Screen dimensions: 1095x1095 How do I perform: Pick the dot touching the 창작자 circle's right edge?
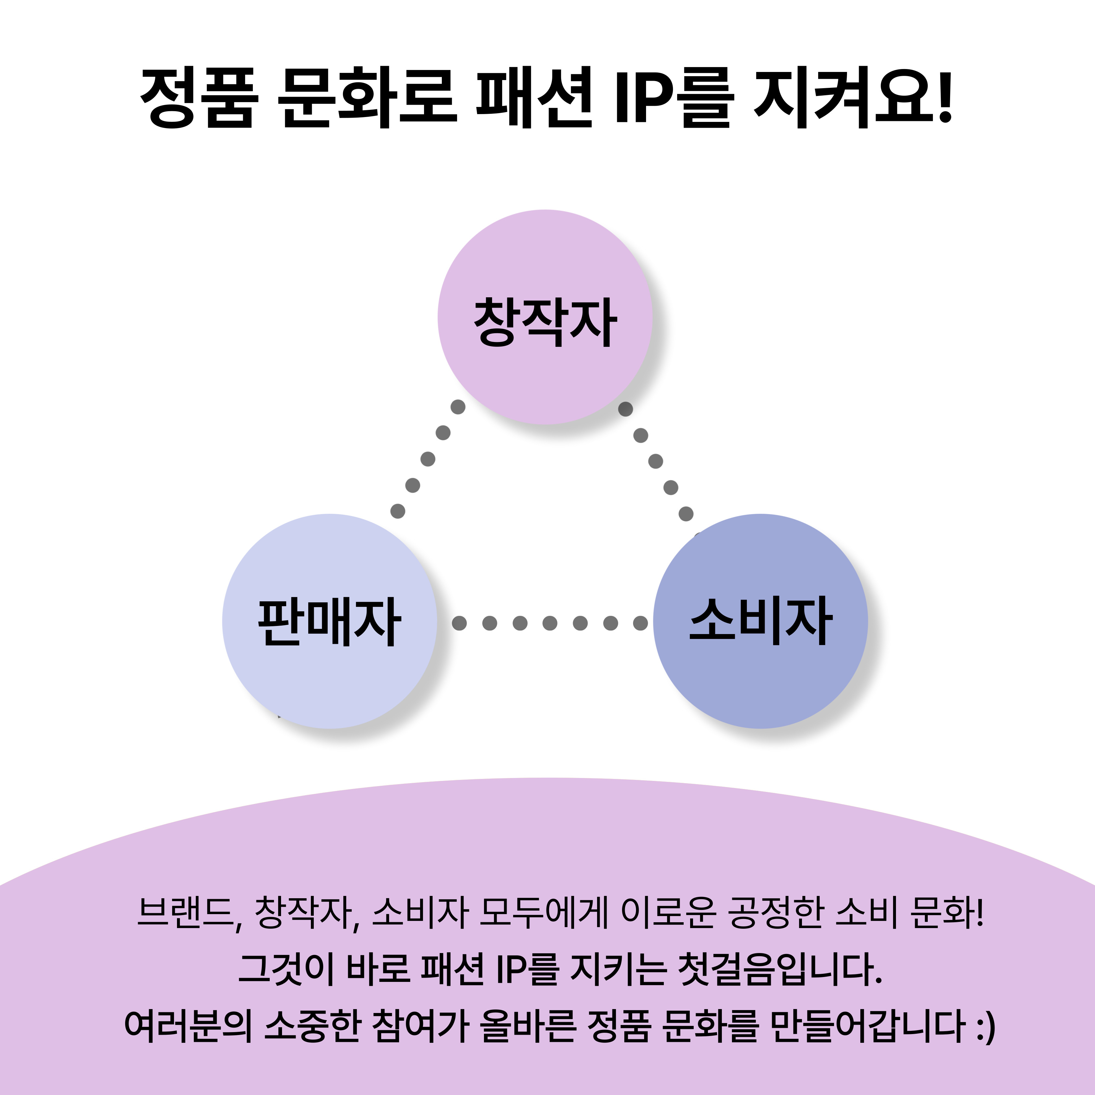click(625, 409)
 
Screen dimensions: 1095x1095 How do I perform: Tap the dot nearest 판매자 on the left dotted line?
click(398, 511)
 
